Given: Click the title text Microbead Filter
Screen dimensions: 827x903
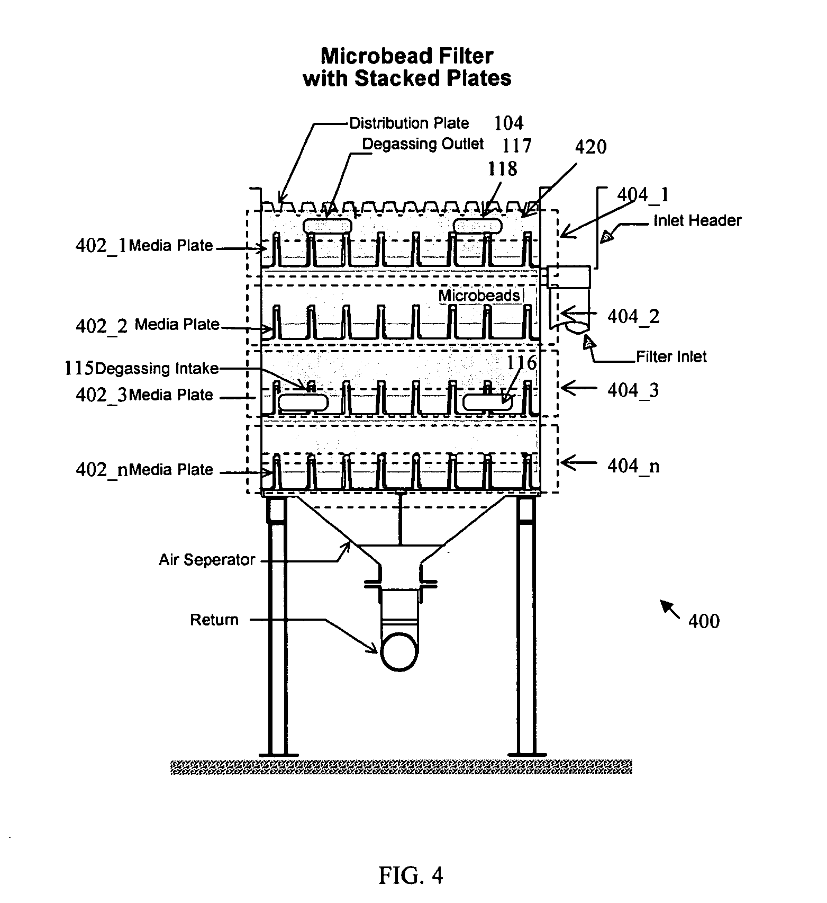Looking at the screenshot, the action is click(407, 56).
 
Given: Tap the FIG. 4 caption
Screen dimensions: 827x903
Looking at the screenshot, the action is click(410, 875).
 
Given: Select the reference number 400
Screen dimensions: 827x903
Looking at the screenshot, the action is click(704, 621).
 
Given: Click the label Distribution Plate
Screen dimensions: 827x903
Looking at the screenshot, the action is click(409, 123).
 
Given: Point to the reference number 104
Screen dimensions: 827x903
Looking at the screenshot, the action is click(508, 123).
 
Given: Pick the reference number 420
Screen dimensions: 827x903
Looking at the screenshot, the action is click(590, 147).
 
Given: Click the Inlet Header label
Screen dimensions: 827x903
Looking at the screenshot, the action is click(697, 220).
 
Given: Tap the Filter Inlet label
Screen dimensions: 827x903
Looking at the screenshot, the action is click(671, 357).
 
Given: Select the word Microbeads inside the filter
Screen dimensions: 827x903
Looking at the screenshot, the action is click(479, 296).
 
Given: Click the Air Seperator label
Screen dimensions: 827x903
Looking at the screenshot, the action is click(207, 560).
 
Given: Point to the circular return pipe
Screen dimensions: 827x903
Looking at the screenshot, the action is click(399, 652).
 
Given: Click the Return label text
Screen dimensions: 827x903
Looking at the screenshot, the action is click(214, 620).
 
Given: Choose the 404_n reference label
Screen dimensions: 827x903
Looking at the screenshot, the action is click(633, 466).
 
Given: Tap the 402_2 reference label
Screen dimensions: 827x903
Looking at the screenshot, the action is click(102, 326).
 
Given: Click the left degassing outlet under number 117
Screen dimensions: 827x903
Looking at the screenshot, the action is click(327, 226).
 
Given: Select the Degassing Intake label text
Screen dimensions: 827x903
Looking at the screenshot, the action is click(157, 368).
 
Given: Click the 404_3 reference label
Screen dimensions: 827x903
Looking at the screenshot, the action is click(633, 390).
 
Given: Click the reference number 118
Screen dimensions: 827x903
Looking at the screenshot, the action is click(502, 169).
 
